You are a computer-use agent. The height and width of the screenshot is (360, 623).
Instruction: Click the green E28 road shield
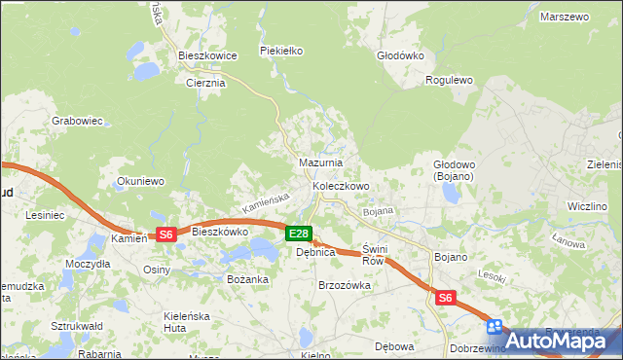click(299, 234)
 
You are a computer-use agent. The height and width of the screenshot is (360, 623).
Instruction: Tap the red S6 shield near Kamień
click(166, 234)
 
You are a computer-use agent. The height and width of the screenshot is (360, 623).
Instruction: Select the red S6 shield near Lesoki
click(446, 298)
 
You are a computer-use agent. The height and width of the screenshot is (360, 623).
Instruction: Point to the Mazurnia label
click(320, 162)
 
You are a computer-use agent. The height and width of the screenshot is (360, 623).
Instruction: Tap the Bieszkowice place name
click(208, 56)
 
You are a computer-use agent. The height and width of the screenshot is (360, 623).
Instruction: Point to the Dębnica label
click(315, 252)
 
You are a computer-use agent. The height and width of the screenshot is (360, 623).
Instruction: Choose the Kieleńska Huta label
click(189, 322)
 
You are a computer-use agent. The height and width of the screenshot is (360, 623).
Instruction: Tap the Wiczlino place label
click(587, 206)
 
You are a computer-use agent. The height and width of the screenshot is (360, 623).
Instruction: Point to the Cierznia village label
click(205, 83)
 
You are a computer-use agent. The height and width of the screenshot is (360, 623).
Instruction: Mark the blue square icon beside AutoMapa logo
click(495, 327)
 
